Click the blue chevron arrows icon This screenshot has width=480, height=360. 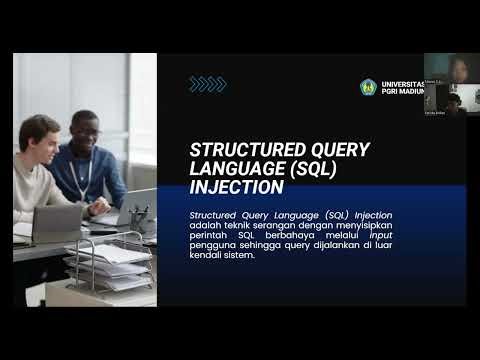click(x=207, y=84)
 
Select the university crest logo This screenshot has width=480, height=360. click(x=368, y=87)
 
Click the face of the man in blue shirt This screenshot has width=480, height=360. click(x=86, y=130)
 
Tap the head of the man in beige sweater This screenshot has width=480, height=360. click(x=39, y=133)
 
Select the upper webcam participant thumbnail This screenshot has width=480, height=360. click(x=450, y=68)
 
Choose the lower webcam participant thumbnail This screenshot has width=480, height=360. click(x=450, y=102)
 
